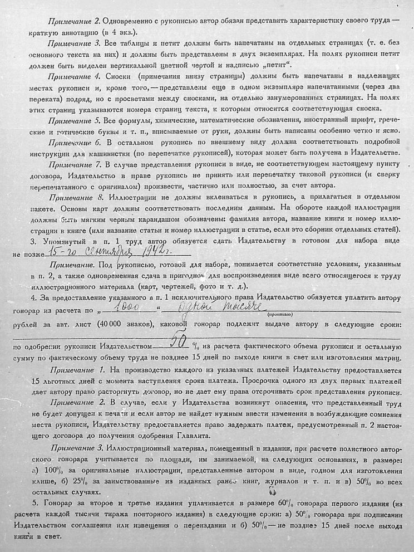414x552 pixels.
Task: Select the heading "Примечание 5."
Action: (x=74, y=120)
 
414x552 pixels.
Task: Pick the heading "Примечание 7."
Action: (x=75, y=165)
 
